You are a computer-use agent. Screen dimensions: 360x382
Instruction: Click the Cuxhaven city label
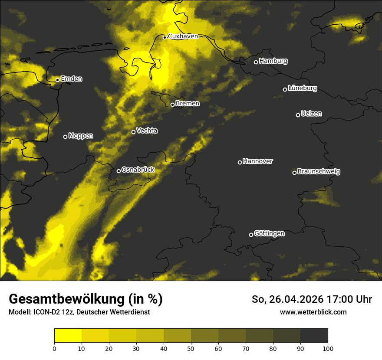tap(183, 36)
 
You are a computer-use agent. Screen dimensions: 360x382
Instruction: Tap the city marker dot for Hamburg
tap(256, 62)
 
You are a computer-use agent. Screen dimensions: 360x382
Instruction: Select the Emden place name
tap(71, 79)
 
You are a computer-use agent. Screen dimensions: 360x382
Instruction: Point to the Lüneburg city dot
tap(285, 89)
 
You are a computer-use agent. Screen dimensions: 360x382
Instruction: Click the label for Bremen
tap(188, 104)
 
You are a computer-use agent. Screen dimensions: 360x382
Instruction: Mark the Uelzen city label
tap(311, 114)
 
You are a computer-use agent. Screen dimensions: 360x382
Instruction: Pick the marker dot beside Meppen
tap(65, 137)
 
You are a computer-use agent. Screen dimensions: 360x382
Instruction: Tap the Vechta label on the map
tap(147, 131)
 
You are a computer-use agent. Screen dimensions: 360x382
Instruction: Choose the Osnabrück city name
tap(138, 170)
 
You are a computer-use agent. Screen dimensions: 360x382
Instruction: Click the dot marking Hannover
tap(240, 162)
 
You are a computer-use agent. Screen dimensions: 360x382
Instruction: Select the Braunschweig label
tap(319, 172)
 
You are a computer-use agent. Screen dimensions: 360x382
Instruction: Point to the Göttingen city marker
tap(251, 235)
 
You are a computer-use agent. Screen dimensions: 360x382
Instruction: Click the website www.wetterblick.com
tap(313, 312)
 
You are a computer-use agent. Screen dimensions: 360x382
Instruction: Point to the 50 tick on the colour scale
tap(191, 348)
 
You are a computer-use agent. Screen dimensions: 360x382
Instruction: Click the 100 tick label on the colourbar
tap(328, 348)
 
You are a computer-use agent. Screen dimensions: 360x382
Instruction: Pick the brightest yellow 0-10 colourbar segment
tap(68, 336)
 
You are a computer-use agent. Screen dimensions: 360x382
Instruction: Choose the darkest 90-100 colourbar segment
tap(314, 336)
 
